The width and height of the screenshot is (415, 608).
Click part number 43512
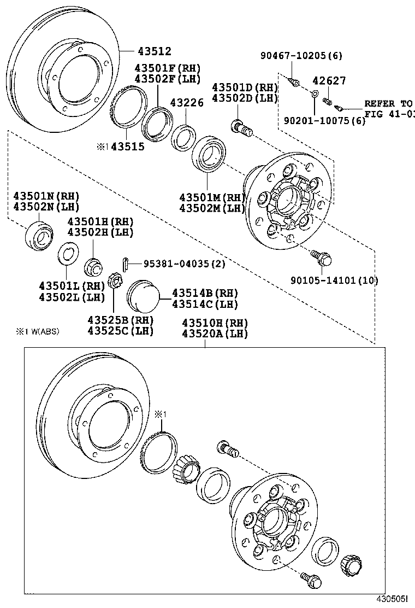154,51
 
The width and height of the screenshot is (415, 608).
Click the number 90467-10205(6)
301,56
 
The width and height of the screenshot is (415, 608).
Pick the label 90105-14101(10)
335,280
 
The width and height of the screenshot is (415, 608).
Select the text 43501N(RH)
46,196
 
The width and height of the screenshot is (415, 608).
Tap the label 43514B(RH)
205,293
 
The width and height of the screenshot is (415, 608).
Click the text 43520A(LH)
215,333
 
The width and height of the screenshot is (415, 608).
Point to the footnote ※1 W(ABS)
37,331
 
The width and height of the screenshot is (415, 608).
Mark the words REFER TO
388,103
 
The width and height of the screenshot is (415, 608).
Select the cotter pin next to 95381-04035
126,264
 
